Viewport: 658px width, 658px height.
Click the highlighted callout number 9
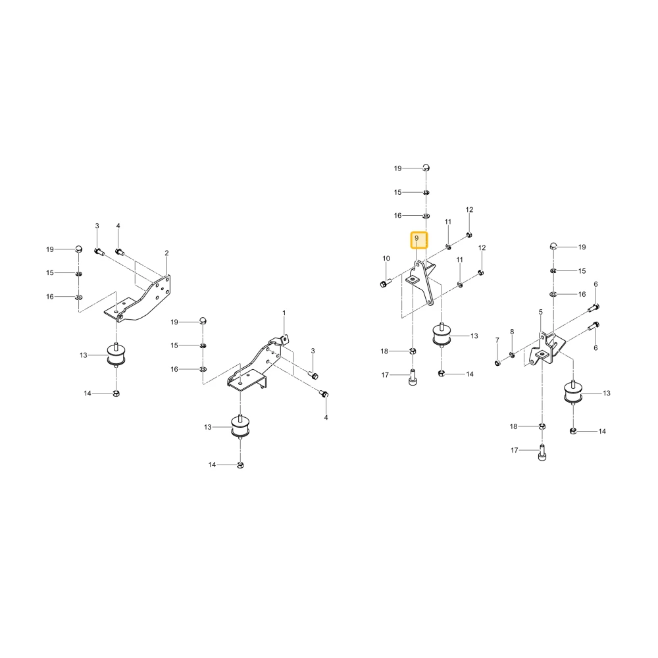[x=417, y=238]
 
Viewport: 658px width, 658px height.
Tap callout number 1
[x=284, y=313]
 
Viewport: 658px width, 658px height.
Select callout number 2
[x=166, y=253]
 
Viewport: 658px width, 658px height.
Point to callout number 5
[x=540, y=312]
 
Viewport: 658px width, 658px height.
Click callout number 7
[x=497, y=340]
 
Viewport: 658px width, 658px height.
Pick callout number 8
[x=512, y=332]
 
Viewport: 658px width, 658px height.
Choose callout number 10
[x=386, y=259]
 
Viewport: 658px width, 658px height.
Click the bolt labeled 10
[x=385, y=284]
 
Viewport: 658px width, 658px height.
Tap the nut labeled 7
[x=497, y=363]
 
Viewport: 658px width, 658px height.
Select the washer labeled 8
[x=512, y=355]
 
